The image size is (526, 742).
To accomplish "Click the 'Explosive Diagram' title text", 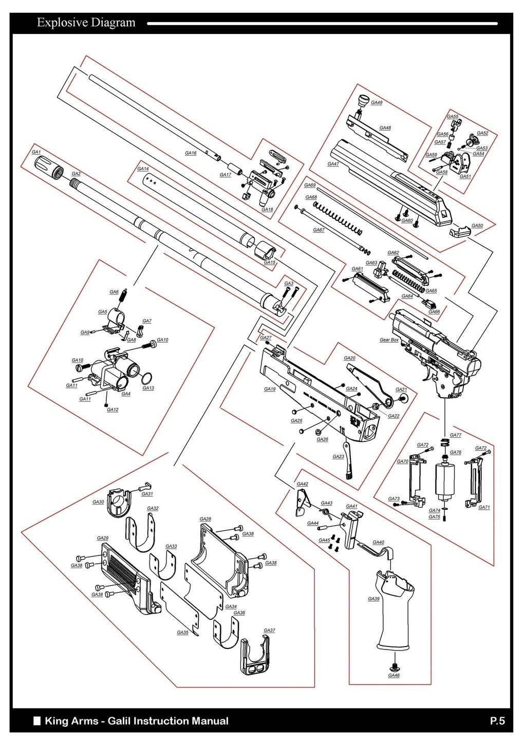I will [x=86, y=23].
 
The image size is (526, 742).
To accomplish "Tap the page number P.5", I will [x=497, y=721].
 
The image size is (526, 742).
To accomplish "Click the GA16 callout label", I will [x=191, y=153].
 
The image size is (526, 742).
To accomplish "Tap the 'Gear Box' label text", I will [x=389, y=340].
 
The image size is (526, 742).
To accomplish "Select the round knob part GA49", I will [x=364, y=99].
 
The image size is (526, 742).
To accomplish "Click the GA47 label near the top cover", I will [x=333, y=164].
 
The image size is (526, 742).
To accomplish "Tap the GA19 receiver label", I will [x=270, y=389].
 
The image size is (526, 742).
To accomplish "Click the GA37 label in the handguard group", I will [x=269, y=630].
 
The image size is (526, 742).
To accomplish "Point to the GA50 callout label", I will [x=477, y=226].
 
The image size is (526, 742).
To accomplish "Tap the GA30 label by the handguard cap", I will [x=98, y=502].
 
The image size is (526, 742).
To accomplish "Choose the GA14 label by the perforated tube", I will [x=143, y=169].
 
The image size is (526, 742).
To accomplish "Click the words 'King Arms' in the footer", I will [x=71, y=721].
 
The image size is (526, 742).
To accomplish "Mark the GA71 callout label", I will [x=484, y=507].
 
